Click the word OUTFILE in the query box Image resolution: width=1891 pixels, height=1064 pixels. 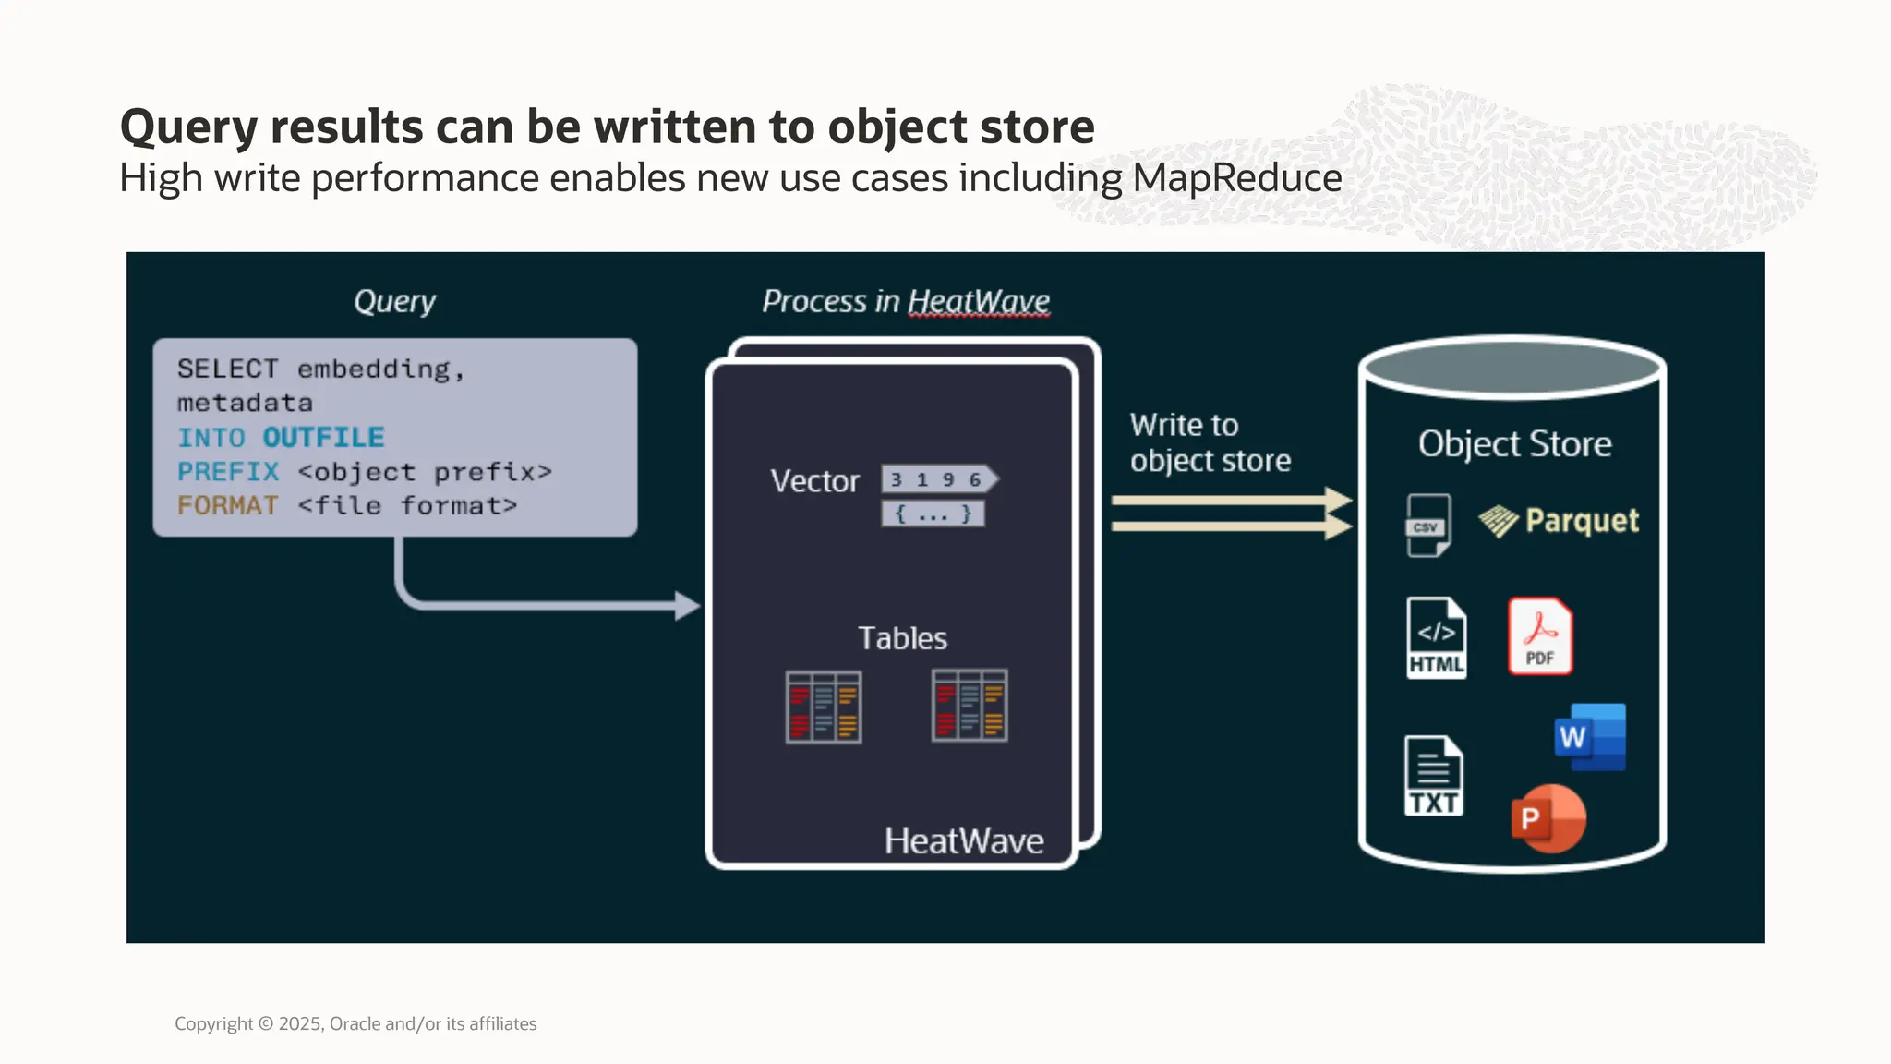[323, 437]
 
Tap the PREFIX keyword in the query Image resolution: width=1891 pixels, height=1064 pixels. [227, 472]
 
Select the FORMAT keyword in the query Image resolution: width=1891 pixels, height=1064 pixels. [227, 506]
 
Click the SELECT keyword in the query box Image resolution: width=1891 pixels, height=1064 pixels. [227, 369]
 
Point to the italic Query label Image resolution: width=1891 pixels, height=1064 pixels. [394, 301]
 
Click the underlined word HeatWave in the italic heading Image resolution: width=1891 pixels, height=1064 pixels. [979, 301]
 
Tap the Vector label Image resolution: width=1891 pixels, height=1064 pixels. [814, 481]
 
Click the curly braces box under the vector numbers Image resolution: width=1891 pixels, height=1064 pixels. [933, 514]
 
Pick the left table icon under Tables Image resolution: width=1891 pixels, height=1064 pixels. [824, 707]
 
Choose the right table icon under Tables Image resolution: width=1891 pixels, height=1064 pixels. [970, 707]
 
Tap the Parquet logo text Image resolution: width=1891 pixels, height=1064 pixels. [1582, 521]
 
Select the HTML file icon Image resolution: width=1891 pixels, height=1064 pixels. [1436, 638]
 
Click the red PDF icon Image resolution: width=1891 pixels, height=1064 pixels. [1539, 636]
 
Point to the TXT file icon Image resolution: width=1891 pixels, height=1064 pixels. [1433, 776]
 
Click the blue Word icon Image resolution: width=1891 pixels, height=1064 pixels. [1590, 737]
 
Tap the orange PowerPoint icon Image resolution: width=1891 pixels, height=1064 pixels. [1548, 818]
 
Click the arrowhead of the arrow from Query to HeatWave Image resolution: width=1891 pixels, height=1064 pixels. [687, 606]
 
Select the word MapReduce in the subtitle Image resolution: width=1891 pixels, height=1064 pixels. [1237, 178]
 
